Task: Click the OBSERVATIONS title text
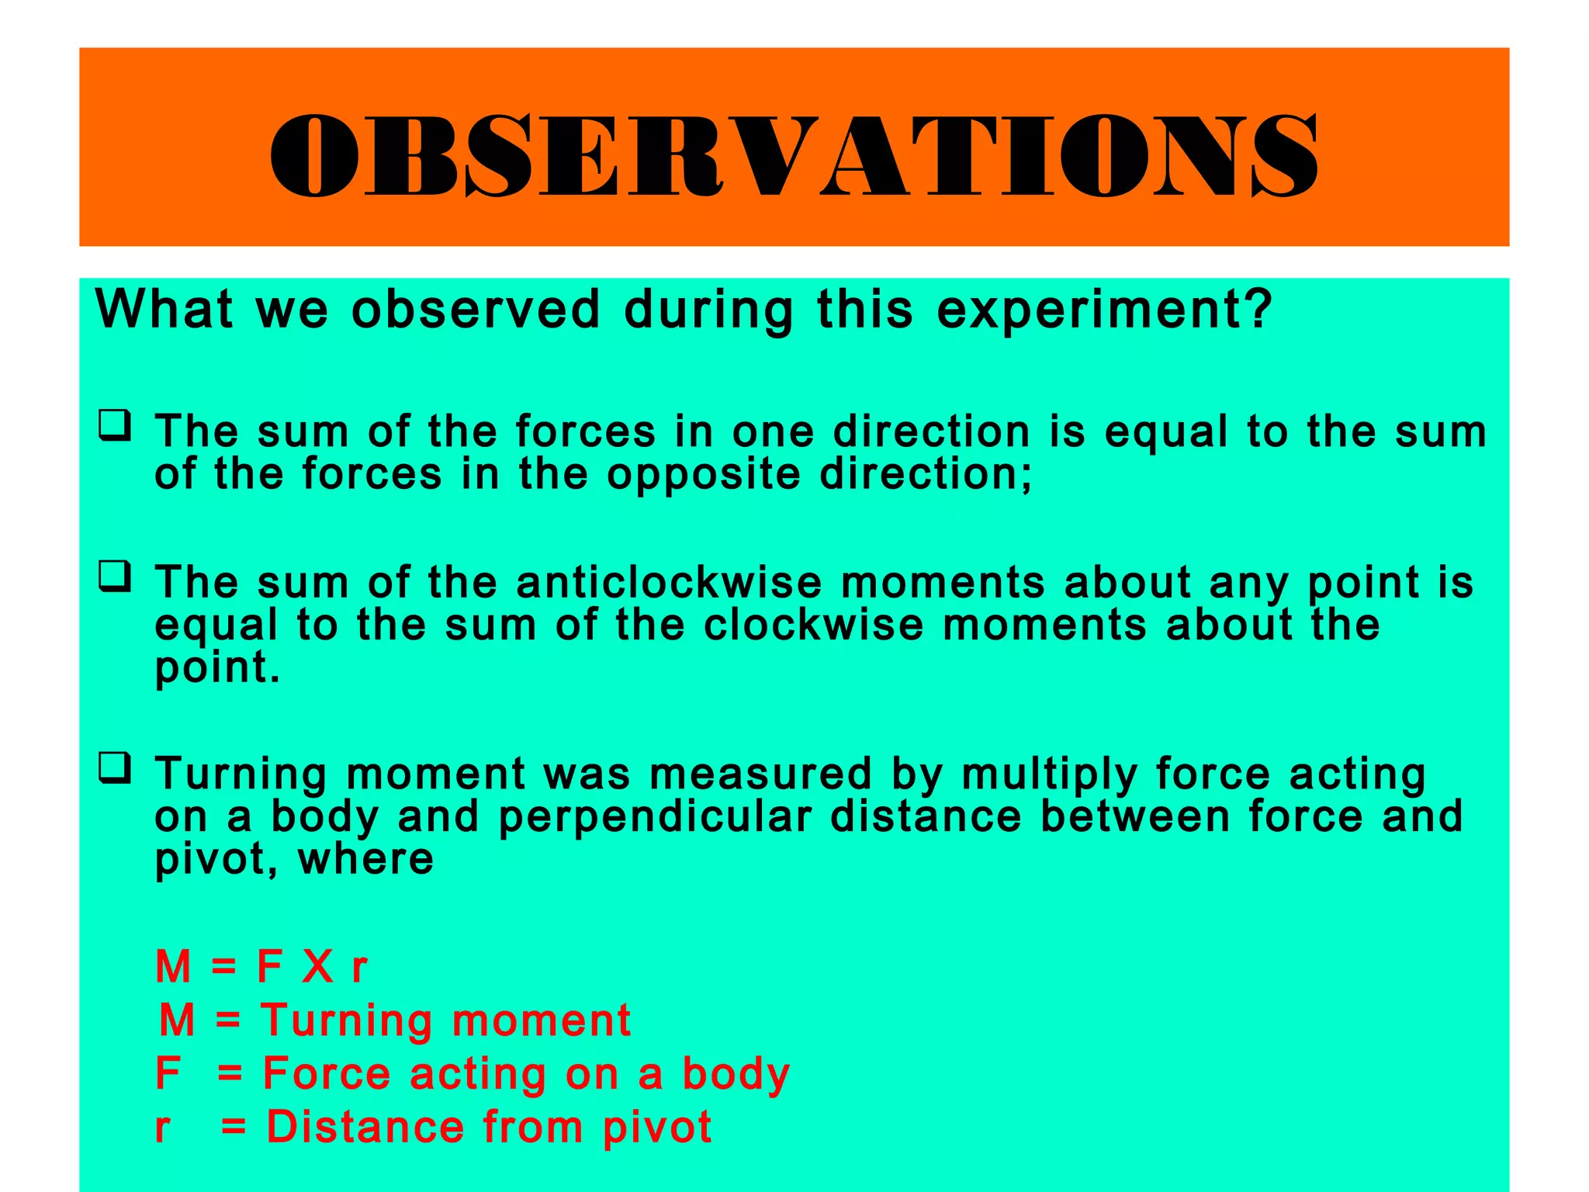pyautogui.click(x=793, y=155)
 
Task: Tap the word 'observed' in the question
pyautogui.click(x=476, y=309)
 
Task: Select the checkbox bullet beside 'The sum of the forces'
pyautogui.click(x=114, y=426)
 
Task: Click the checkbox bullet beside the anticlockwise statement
pyautogui.click(x=114, y=577)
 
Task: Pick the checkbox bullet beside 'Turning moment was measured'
pyautogui.click(x=114, y=768)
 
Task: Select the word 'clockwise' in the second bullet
pyautogui.click(x=813, y=625)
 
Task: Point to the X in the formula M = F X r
pyautogui.click(x=318, y=967)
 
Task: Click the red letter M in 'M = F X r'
pyautogui.click(x=173, y=967)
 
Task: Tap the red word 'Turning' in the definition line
pyautogui.click(x=347, y=1021)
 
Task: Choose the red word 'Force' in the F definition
pyautogui.click(x=327, y=1074)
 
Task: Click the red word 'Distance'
pyautogui.click(x=365, y=1127)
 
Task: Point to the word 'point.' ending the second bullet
pyautogui.click(x=216, y=667)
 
